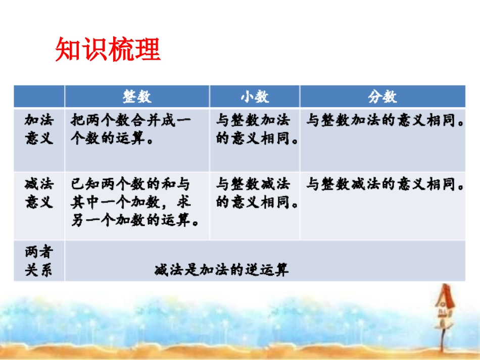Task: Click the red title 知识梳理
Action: [108, 49]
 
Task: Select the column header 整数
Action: [137, 96]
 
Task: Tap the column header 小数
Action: [255, 96]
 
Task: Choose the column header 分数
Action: [382, 96]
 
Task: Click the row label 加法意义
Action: [39, 129]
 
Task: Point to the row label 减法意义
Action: [39, 193]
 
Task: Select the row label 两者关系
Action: [39, 261]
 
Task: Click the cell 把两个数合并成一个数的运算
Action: [130, 130]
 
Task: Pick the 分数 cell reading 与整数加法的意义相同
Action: [386, 121]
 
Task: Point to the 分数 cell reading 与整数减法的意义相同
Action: [386, 185]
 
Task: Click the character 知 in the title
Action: [68, 49]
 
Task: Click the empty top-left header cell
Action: [39, 96]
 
